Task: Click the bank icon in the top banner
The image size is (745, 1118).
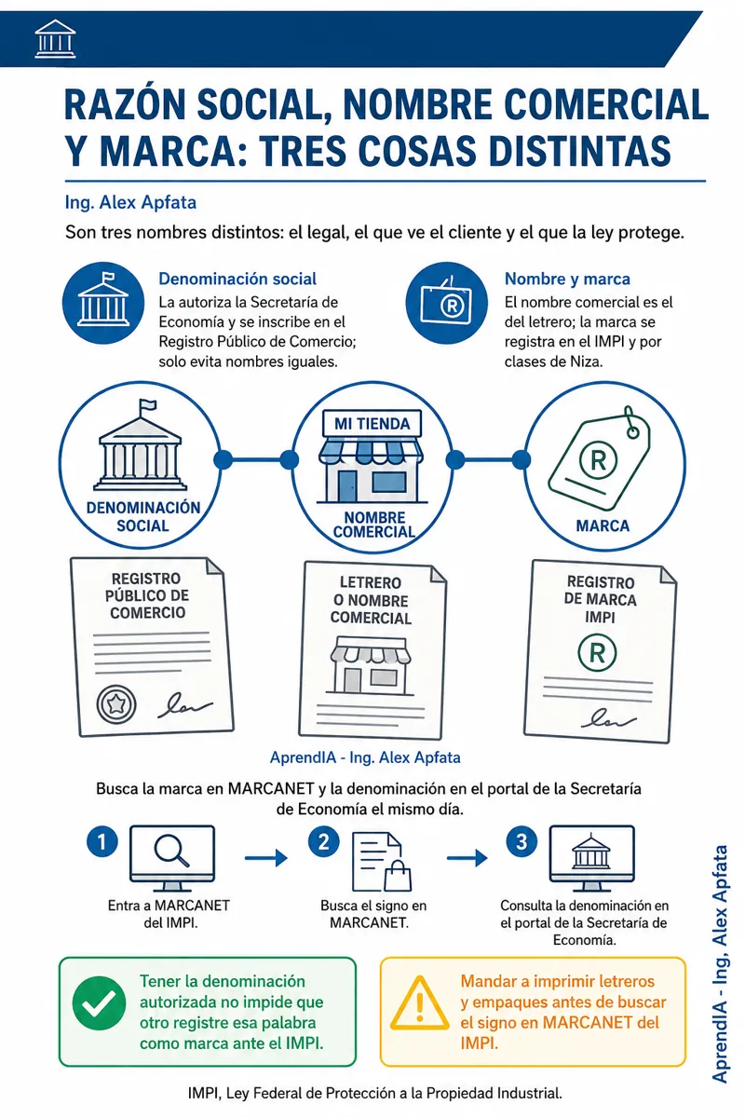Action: (x=55, y=38)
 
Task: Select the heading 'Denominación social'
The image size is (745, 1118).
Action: (x=237, y=279)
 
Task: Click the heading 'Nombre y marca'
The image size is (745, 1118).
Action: (x=567, y=279)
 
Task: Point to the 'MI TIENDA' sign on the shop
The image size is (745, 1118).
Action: (x=372, y=424)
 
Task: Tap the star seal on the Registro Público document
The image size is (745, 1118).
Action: (x=116, y=704)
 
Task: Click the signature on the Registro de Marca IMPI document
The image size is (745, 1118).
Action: (x=608, y=719)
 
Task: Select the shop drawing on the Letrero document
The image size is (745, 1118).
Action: (x=370, y=665)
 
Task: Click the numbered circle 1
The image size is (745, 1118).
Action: (x=102, y=842)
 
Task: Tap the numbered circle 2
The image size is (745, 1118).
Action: (x=323, y=842)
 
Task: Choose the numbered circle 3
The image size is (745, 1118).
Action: (x=521, y=842)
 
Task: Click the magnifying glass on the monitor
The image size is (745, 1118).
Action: (x=171, y=850)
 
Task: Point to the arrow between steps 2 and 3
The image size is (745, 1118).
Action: (x=467, y=858)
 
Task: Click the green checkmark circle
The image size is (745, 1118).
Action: (x=99, y=1003)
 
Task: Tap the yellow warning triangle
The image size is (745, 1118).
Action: (x=420, y=1003)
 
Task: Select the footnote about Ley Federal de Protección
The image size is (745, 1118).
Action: (x=374, y=1094)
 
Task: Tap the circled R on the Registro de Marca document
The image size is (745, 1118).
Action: (x=597, y=652)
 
